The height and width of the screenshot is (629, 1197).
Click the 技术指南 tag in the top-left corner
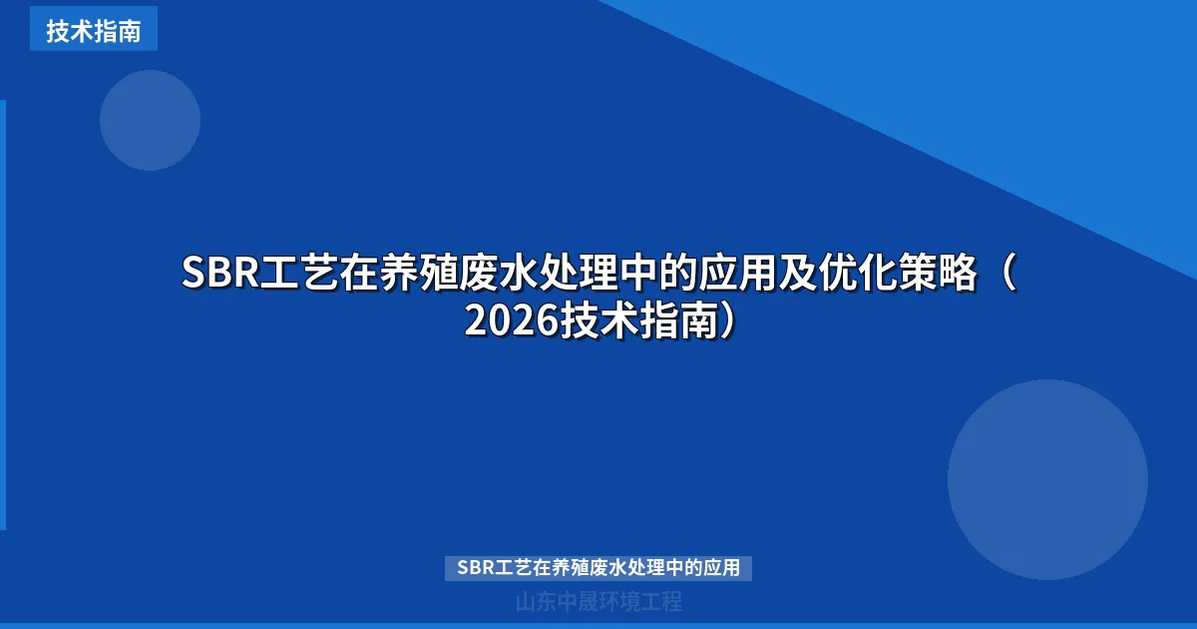tap(93, 30)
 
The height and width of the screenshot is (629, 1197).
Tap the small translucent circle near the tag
tap(150, 120)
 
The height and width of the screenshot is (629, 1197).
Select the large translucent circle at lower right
tap(1047, 479)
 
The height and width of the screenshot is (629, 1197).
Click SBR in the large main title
tap(220, 274)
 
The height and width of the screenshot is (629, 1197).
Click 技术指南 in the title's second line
tap(638, 321)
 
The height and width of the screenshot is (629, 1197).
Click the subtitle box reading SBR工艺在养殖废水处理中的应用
tap(598, 568)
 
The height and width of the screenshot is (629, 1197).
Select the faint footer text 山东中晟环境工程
tap(598, 602)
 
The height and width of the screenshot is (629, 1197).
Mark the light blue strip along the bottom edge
tap(598, 625)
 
